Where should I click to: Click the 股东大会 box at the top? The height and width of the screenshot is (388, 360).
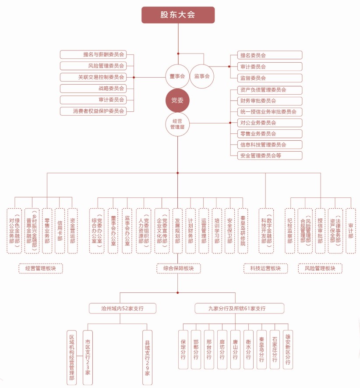pos(178,14)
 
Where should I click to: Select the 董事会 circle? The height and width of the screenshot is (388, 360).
pos(177,76)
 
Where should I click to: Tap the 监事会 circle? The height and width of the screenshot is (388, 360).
pos(202,76)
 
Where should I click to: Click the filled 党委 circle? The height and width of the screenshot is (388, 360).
pos(177,100)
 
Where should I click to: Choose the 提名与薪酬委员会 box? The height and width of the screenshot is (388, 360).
pos(93,55)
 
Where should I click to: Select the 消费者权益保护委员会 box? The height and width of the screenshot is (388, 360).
pos(93,111)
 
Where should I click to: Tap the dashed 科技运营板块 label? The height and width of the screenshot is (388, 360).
pos(266,268)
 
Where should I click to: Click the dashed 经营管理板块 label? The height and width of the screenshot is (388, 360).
pos(41,268)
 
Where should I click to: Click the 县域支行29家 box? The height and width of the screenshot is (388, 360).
pos(148,358)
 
